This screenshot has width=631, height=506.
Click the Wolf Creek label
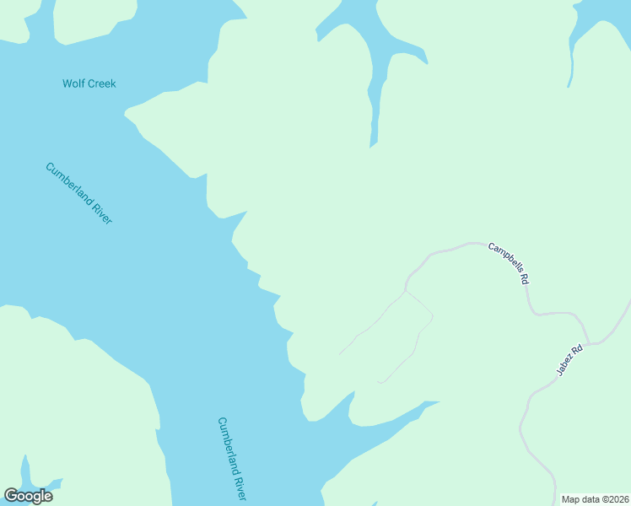pos(89,83)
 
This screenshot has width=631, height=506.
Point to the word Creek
pos(101,83)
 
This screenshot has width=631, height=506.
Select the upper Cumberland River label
pos(78,193)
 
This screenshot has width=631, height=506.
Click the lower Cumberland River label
pos(231,457)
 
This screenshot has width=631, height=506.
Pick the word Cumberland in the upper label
pos(69,183)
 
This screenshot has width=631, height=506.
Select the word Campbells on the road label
pos(503,258)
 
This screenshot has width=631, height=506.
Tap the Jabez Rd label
pos(569,361)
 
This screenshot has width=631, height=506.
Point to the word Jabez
pos(565,365)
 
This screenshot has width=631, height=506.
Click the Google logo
pos(28,496)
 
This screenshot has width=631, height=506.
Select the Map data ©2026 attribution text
pos(595,498)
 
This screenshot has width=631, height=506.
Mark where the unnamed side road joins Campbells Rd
pos(407,289)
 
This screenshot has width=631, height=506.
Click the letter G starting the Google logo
pos(11,496)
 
